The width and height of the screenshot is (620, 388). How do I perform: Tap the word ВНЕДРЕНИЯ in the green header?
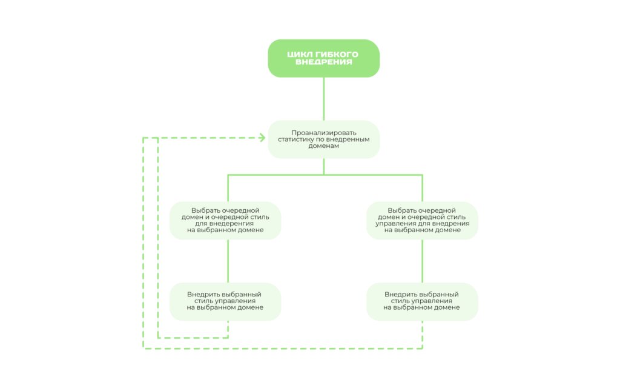(324, 62)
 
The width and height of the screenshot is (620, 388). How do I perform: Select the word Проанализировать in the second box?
(324, 133)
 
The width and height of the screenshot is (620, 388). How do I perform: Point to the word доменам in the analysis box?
(324, 145)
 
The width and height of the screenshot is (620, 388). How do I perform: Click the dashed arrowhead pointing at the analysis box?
(262, 138)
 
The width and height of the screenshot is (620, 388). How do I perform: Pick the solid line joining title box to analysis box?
(324, 99)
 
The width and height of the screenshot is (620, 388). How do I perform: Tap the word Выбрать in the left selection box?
(206, 210)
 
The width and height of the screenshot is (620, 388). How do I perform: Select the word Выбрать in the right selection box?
(402, 210)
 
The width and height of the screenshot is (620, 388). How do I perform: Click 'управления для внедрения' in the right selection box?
(422, 223)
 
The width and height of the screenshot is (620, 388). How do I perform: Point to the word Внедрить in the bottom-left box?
(203, 294)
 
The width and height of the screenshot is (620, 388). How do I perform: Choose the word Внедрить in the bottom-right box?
(400, 294)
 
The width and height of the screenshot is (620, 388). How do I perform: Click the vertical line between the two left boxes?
(228, 261)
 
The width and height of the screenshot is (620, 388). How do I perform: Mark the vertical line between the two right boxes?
(422, 261)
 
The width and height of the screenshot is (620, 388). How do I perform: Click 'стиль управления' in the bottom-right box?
(421, 301)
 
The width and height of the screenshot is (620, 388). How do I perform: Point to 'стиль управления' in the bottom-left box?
(225, 301)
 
